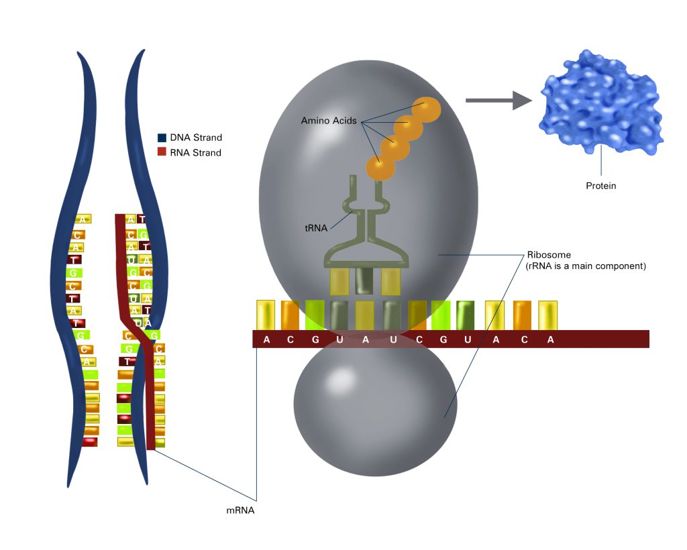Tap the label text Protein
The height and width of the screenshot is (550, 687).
(601, 186)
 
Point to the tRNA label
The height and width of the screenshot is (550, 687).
(316, 228)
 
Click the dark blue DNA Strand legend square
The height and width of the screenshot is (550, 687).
(162, 137)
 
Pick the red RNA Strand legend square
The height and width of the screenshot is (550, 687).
(162, 152)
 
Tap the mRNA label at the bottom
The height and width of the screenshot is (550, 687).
(240, 510)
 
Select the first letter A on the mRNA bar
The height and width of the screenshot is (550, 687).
(266, 339)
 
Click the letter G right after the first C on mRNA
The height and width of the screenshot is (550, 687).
(315, 339)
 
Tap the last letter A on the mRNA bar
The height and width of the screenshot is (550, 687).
(550, 339)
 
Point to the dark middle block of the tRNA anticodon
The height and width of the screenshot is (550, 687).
(364, 281)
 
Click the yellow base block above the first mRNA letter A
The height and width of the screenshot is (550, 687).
(266, 315)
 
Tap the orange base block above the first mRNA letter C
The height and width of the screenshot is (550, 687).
(290, 315)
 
